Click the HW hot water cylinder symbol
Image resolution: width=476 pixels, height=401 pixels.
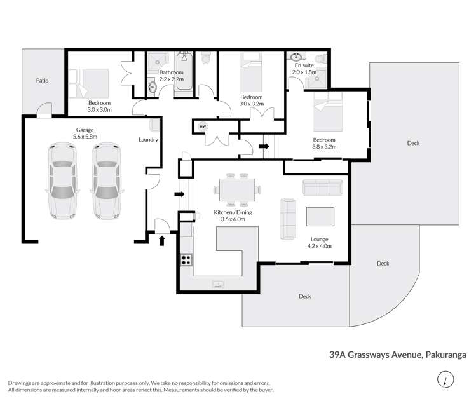coord(203,126)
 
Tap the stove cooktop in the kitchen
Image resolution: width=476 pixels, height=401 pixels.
coord(186,260)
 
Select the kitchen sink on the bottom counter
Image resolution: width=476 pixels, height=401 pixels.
coord(218,284)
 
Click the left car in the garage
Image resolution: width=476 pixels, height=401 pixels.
coord(62,180)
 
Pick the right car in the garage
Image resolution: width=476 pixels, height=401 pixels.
coord(107,180)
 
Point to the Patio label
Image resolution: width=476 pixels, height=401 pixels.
coord(42,81)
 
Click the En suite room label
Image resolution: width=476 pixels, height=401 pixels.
coord(304,65)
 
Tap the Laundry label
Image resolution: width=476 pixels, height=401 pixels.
coord(148,140)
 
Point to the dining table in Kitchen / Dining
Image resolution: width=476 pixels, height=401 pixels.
coord(237,190)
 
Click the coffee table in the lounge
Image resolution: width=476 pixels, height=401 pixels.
coord(320,217)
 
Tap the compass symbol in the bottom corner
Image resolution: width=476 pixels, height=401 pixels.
coord(445,379)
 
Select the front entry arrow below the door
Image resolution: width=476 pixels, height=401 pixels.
coord(162,241)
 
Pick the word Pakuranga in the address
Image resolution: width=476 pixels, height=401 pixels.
coord(445,355)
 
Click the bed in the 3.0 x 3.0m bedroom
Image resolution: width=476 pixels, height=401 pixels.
coord(88,83)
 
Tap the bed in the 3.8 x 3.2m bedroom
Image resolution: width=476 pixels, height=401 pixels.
coord(328,111)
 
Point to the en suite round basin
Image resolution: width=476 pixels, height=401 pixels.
coord(296,57)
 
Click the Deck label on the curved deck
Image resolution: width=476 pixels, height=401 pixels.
coord(383,264)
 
